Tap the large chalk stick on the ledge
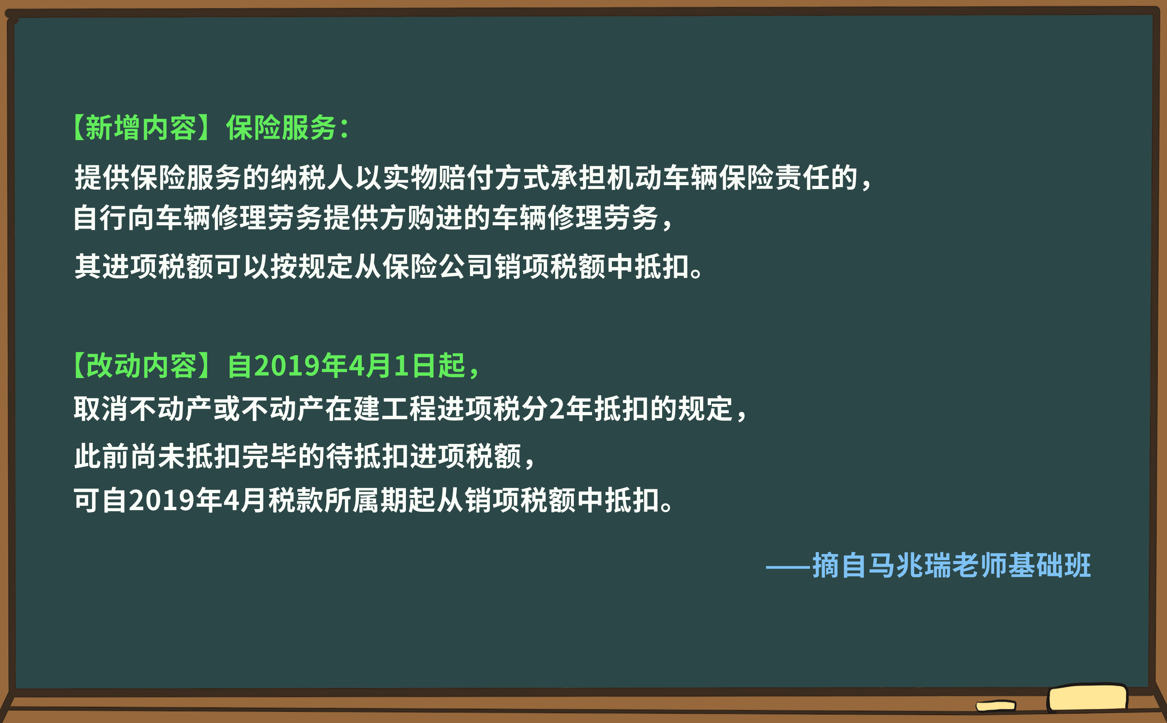pos(1087,698)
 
